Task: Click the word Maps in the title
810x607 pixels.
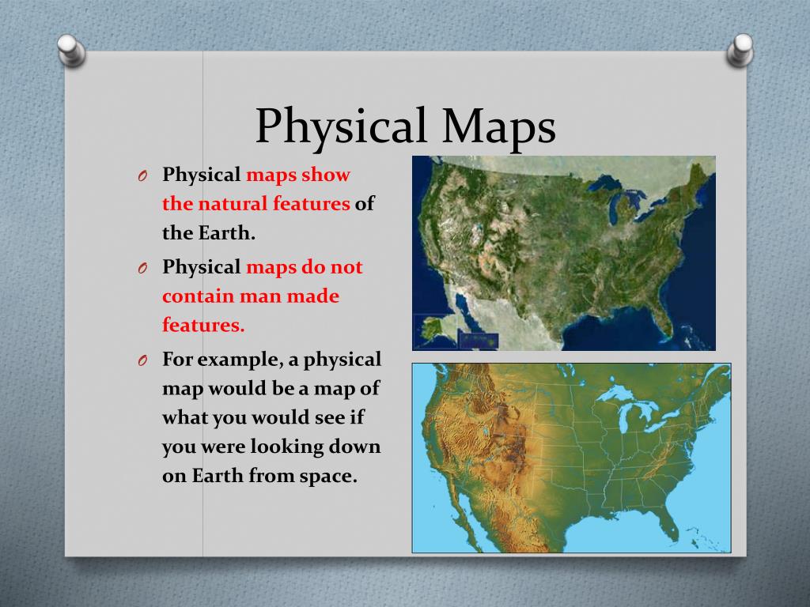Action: [x=498, y=126]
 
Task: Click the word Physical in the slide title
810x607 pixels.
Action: [x=341, y=126]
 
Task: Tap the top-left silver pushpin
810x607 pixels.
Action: [x=71, y=50]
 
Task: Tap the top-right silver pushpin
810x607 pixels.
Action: [x=740, y=50]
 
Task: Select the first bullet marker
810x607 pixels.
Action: [x=143, y=176]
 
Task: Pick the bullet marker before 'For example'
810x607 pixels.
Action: [x=143, y=360]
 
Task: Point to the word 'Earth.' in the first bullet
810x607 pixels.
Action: [x=227, y=233]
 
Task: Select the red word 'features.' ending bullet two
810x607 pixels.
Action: [x=203, y=325]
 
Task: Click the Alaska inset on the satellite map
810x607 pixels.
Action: [x=436, y=331]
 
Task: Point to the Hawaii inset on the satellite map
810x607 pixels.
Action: [x=479, y=340]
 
